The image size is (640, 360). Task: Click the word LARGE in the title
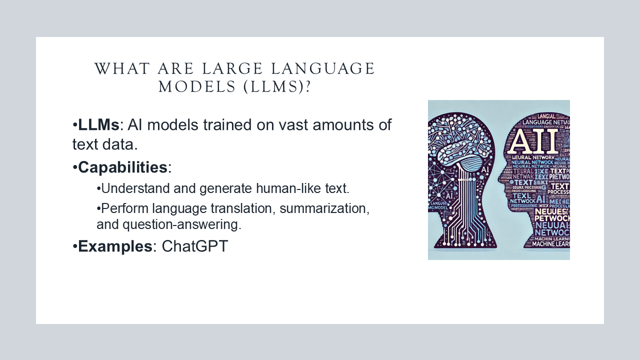tap(211, 69)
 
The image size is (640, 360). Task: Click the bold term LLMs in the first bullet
tap(99, 125)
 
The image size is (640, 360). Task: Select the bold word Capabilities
tap(122, 167)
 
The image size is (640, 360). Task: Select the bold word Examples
tap(115, 246)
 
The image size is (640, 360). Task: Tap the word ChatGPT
tap(194, 246)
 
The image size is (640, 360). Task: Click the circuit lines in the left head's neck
tap(467, 215)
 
